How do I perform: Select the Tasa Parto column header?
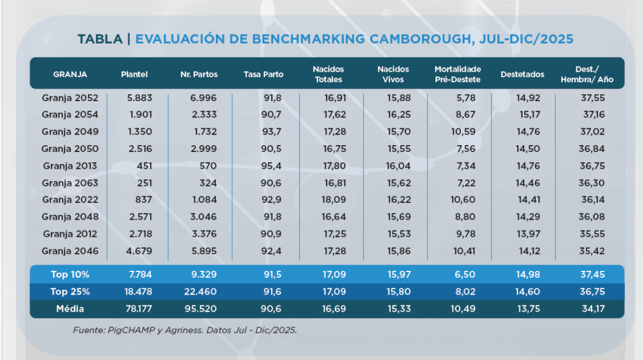263,74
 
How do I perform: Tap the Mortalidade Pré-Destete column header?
457,74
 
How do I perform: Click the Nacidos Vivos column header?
393,74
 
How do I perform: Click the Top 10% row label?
69,275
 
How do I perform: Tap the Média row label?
69,309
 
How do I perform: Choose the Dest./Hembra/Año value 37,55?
594,98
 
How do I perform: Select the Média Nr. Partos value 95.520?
203,309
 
